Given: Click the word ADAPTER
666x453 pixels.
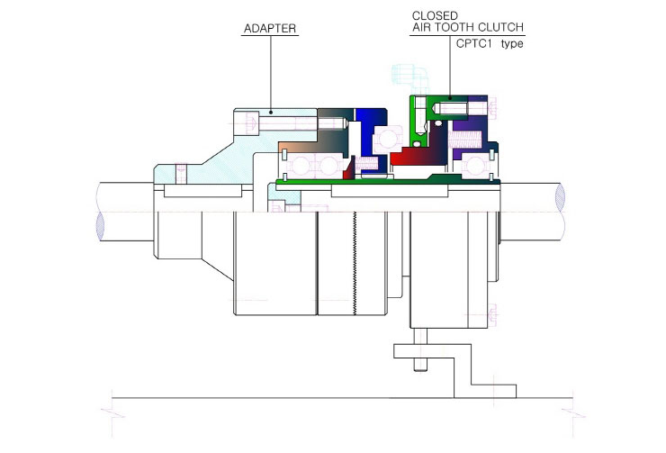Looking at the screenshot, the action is point(270,29).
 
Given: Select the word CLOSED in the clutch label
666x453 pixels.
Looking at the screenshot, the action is point(435,15).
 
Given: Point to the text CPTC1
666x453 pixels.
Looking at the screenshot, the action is point(473,43).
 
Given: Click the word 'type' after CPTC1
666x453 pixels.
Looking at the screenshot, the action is point(512,44).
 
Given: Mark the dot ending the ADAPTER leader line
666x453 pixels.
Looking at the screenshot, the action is point(271,113).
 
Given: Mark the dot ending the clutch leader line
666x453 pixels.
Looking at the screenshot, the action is point(451,98).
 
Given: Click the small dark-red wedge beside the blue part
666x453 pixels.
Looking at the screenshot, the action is point(349,168).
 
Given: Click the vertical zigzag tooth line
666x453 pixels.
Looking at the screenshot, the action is point(355,264).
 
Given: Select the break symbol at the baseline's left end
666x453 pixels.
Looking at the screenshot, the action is point(112,413).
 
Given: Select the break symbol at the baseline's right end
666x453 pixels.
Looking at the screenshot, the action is point(573,413).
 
